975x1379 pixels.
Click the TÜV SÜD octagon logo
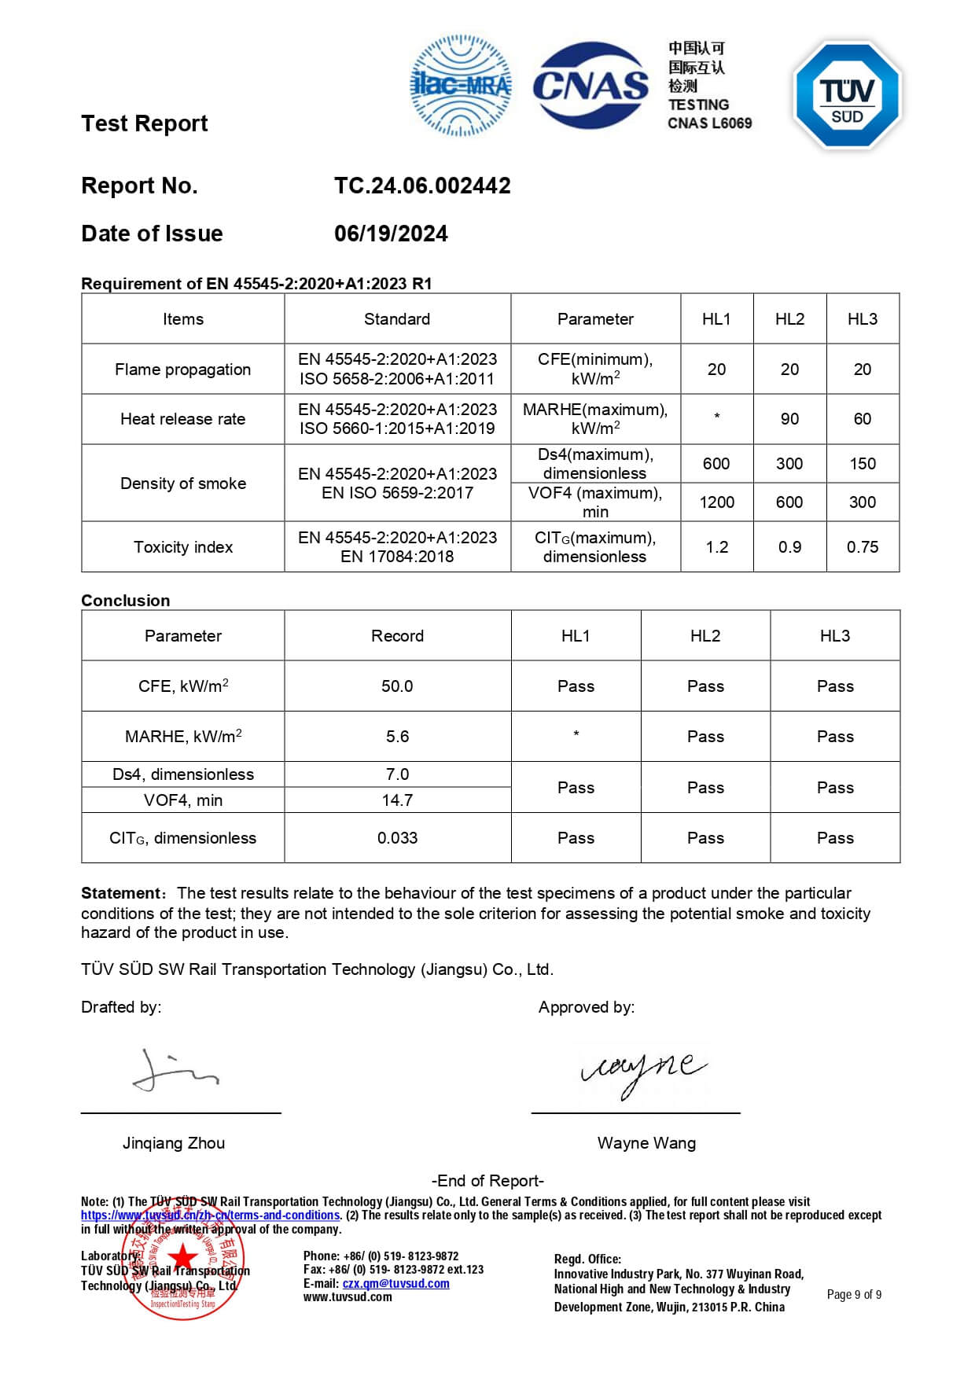(848, 94)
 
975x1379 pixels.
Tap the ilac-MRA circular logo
(461, 85)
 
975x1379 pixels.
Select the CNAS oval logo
(591, 85)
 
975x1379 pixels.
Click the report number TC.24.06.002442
(422, 186)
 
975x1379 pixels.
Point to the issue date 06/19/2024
(391, 234)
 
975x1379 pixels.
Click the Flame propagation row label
(182, 370)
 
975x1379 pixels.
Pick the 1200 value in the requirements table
(716, 502)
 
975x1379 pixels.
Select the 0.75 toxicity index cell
(862, 547)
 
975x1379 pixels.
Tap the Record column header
(397, 636)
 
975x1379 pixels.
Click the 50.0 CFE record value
(397, 686)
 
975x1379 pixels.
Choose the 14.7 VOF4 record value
(397, 800)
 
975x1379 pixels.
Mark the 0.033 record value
(397, 838)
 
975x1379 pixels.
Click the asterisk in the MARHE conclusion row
(576, 735)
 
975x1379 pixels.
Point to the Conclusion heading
(126, 601)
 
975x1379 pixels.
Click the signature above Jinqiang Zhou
(175, 1071)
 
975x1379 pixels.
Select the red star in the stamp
(183, 1256)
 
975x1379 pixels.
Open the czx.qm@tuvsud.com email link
(396, 1284)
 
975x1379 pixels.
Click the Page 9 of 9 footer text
(854, 1295)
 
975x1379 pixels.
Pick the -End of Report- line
(487, 1181)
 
